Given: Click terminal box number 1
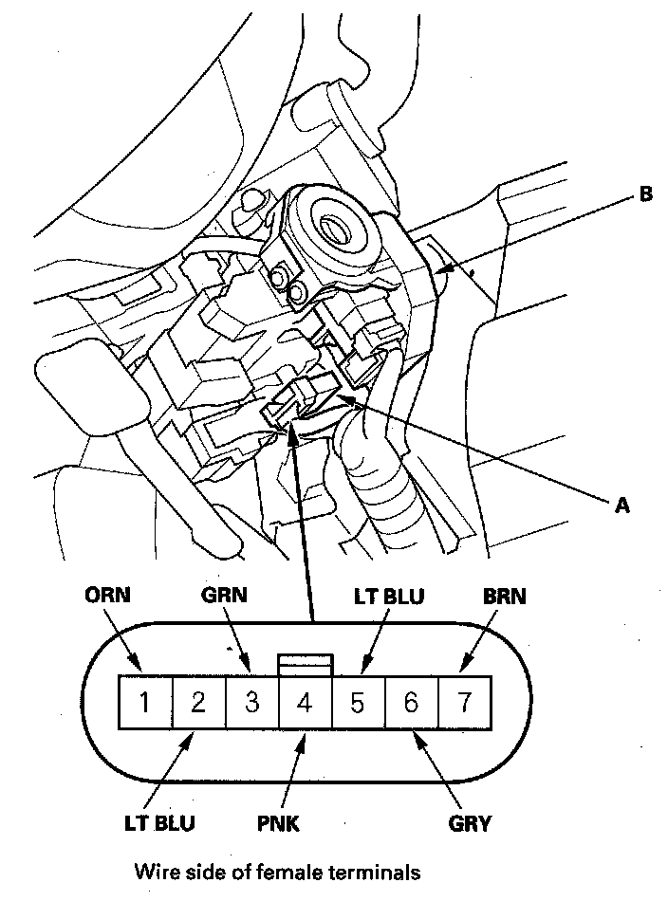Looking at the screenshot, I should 143,703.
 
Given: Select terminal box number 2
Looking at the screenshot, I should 198,703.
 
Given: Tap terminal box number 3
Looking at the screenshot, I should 252,703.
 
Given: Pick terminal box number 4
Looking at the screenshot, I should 305,703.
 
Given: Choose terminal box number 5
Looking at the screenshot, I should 358,703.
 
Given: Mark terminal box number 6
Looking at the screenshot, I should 411,703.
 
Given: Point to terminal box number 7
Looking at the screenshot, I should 464,703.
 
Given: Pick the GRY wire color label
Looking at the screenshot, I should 471,822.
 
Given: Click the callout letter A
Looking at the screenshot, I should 622,506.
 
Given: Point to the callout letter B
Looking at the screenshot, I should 646,194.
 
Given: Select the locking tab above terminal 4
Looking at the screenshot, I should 305,665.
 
